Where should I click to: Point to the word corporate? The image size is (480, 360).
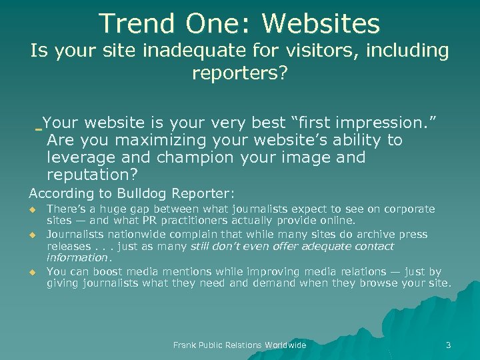click(x=408, y=209)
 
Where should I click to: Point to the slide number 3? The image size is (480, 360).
click(x=448, y=345)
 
